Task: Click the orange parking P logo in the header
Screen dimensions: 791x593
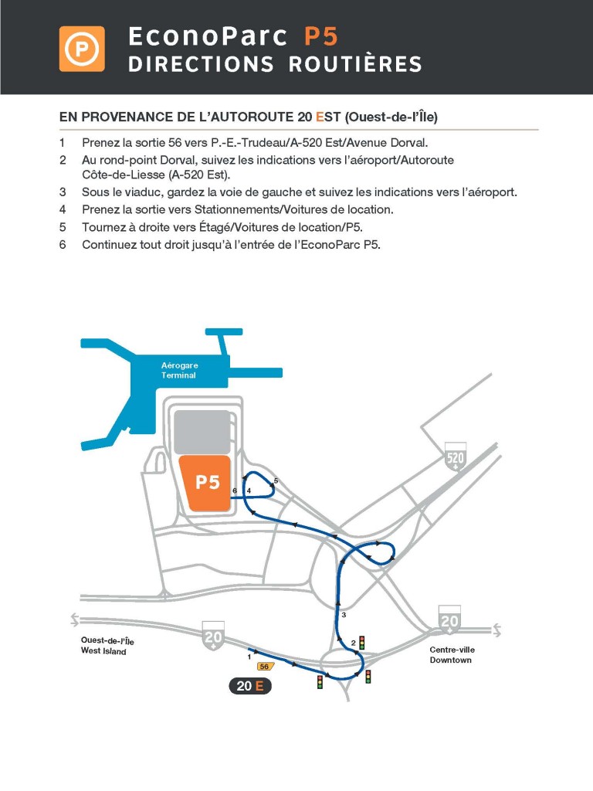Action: pyautogui.click(x=82, y=49)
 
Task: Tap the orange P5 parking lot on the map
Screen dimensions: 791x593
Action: pyautogui.click(x=205, y=483)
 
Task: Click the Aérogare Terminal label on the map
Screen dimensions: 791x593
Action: pyautogui.click(x=178, y=370)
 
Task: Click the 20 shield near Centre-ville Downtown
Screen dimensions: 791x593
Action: pyautogui.click(x=449, y=618)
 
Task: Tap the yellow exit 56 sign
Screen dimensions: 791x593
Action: pyautogui.click(x=265, y=666)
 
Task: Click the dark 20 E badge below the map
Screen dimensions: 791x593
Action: pyautogui.click(x=250, y=685)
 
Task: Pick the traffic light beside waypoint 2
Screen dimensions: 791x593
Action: pyautogui.click(x=361, y=643)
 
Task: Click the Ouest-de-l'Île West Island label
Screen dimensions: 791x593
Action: pyautogui.click(x=107, y=646)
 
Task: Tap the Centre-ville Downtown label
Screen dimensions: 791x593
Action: pyautogui.click(x=452, y=655)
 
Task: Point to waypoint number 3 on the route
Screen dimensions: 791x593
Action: pyautogui.click(x=344, y=615)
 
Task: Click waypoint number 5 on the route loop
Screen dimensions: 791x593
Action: pyautogui.click(x=276, y=481)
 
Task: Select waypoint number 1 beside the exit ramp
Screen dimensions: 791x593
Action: pyautogui.click(x=249, y=657)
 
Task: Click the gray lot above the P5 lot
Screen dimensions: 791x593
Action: pyautogui.click(x=202, y=432)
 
